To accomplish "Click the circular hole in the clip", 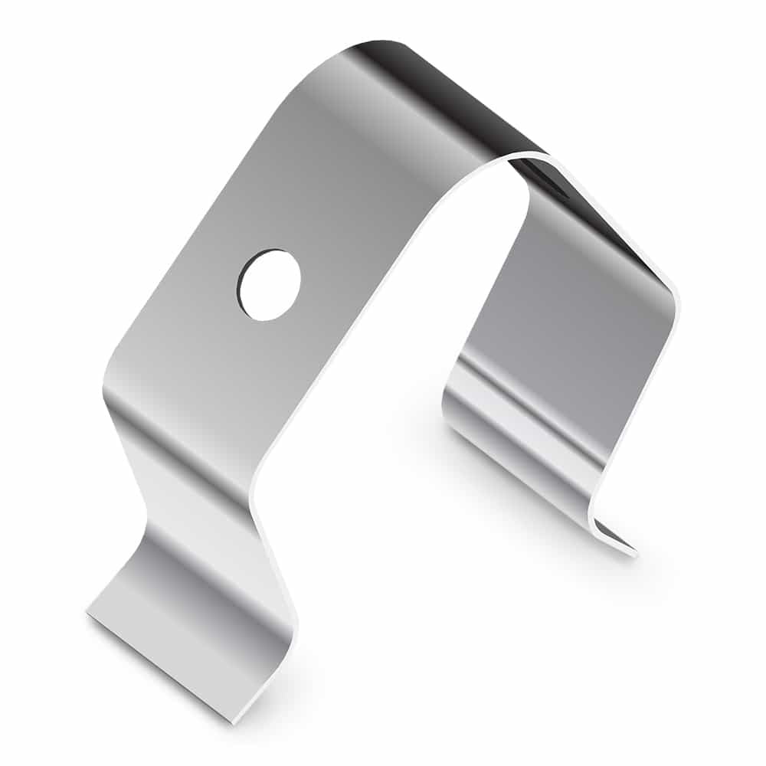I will pos(270,285).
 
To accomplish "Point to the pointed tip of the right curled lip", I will pos(634,551).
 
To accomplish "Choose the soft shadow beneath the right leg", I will pos(490,475).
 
